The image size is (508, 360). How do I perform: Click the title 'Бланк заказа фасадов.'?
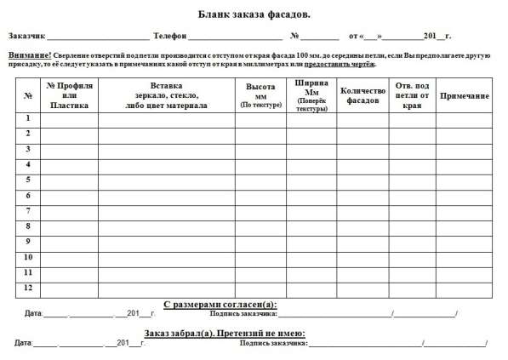[x=254, y=14]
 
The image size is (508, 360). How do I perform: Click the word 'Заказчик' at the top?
[x=26, y=37]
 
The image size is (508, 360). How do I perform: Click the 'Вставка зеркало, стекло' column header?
[x=166, y=94]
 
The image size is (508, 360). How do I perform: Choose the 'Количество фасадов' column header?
[x=362, y=94]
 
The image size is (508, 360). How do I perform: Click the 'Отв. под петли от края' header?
[x=412, y=94]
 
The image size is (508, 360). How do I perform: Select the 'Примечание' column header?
[x=464, y=94]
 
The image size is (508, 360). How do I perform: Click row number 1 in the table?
[x=28, y=118]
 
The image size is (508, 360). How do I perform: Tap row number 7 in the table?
[x=28, y=210]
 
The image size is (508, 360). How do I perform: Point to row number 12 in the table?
[x=28, y=288]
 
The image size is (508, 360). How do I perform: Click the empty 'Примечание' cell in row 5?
[x=464, y=180]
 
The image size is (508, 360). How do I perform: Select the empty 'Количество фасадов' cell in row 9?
[x=362, y=242]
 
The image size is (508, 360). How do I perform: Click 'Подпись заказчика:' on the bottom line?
[x=273, y=344]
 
